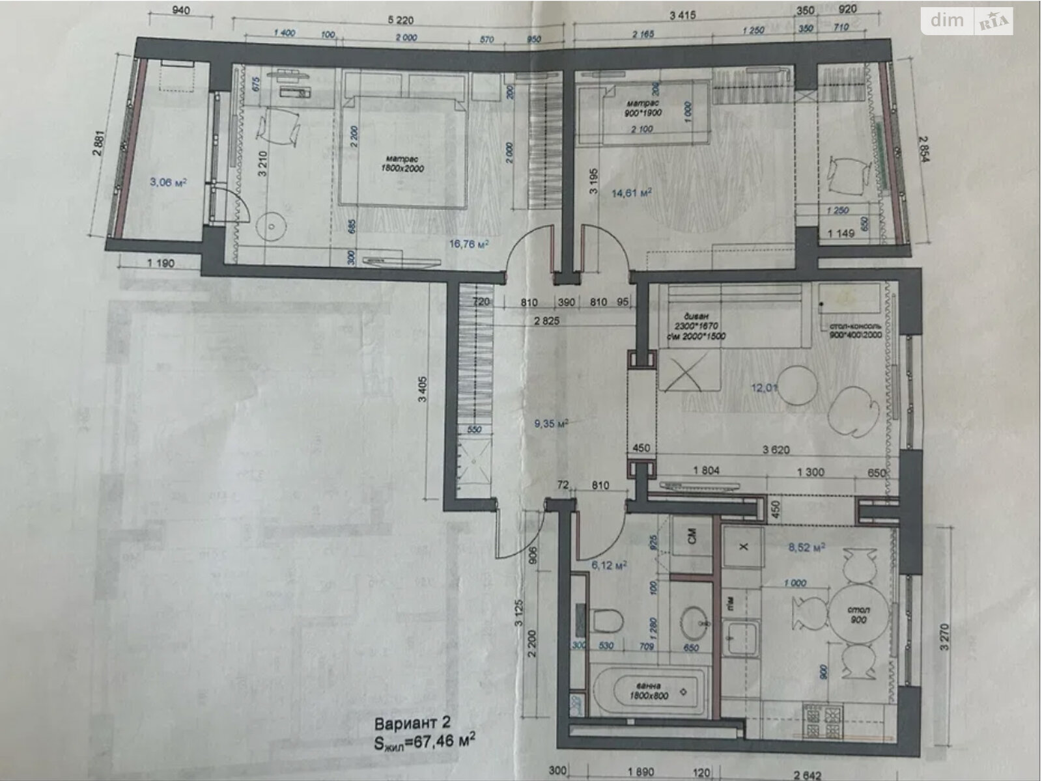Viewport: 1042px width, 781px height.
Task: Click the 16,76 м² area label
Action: (x=469, y=244)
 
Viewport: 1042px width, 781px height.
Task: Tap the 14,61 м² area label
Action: (x=632, y=193)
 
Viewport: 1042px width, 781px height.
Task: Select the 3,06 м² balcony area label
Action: (x=168, y=182)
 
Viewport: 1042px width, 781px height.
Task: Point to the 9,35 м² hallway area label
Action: (x=551, y=423)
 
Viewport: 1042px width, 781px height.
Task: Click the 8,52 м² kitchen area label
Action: (x=807, y=547)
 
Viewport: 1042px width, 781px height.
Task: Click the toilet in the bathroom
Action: (x=607, y=620)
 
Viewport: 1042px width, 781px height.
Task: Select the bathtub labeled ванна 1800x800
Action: (x=649, y=691)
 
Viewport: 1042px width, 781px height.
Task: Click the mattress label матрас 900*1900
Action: (x=644, y=108)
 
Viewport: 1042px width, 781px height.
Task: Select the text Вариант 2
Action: (x=412, y=723)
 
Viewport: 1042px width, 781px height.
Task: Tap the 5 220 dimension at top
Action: (x=400, y=20)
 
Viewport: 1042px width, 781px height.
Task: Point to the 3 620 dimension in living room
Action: (x=776, y=448)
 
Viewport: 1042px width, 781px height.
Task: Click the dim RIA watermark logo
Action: (x=966, y=21)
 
